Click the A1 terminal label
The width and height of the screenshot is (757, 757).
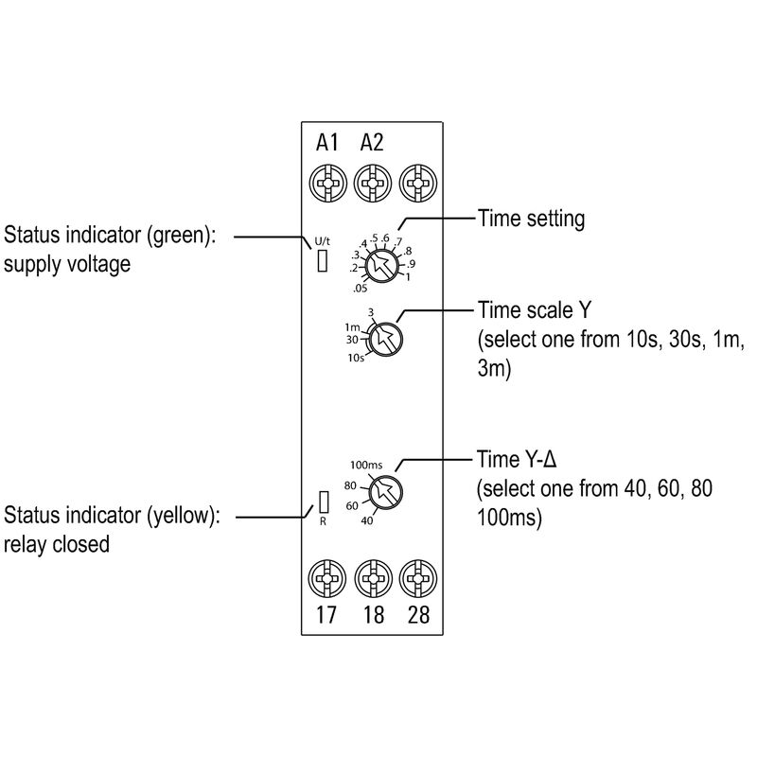click(326, 144)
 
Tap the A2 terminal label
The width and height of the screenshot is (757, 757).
click(372, 144)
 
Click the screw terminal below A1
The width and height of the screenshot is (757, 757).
click(326, 179)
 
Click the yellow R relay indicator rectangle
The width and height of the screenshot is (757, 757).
click(324, 501)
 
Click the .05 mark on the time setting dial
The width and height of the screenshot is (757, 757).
click(360, 288)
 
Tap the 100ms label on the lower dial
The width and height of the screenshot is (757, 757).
click(366, 465)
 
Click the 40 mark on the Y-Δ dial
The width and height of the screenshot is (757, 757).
click(367, 519)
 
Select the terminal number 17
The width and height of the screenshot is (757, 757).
click(326, 615)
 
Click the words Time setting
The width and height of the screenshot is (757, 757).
click(532, 219)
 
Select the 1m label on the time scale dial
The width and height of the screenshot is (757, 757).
click(352, 326)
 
